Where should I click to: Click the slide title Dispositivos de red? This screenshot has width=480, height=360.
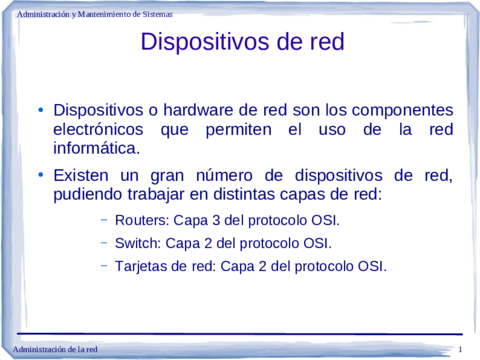pos(242,42)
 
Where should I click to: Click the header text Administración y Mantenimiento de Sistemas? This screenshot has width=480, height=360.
pos(95,15)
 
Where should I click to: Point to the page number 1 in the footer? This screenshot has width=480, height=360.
pos(459,348)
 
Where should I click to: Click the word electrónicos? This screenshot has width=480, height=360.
pos(98,130)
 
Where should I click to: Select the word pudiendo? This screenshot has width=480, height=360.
pos(91,194)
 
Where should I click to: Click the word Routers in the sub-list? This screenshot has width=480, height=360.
pos(141,220)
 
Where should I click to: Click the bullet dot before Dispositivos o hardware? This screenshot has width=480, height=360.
pos(41,110)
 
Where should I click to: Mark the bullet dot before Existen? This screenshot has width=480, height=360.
pos(41,175)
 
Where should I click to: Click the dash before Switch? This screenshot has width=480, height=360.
pos(105,242)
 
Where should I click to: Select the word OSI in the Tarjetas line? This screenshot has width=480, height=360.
pos(371,266)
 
